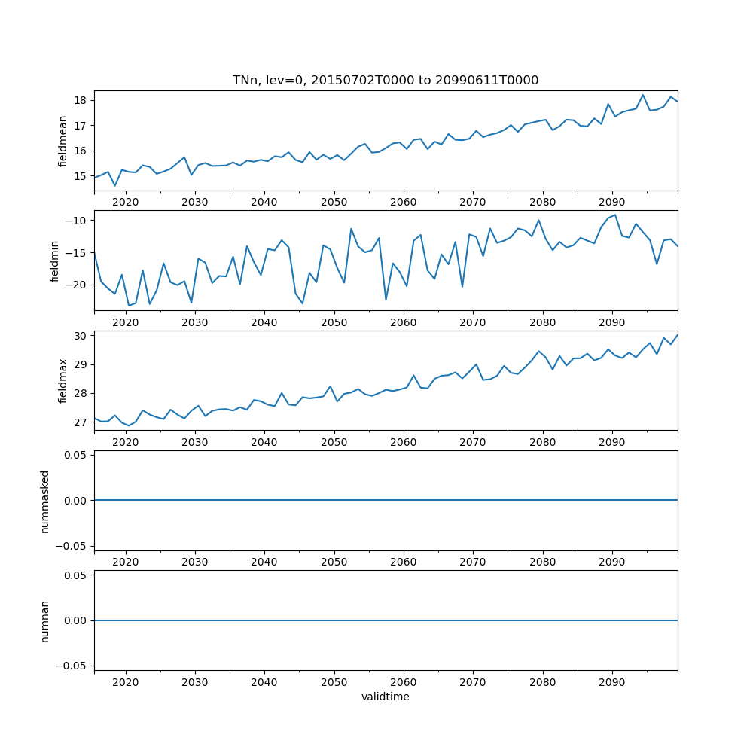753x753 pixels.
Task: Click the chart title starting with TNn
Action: [x=386, y=81]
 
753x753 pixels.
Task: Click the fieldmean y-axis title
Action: [x=63, y=141]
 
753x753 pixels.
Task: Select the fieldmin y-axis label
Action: [x=54, y=261]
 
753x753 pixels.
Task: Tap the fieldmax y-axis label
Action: [x=63, y=380]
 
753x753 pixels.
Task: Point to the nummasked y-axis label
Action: [x=45, y=500]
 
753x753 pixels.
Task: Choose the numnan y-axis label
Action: [x=45, y=620]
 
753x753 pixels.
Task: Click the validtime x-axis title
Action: [x=386, y=697]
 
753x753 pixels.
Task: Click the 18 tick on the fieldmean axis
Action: [x=79, y=100]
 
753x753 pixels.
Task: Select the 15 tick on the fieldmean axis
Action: [x=79, y=176]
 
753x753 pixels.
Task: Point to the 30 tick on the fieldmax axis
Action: [x=79, y=335]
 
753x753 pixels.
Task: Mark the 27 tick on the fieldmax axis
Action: [x=79, y=422]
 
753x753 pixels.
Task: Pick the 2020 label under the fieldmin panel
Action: [x=125, y=322]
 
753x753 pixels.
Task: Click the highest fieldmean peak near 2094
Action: [x=643, y=95]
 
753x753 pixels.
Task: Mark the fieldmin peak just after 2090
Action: [x=615, y=215]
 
